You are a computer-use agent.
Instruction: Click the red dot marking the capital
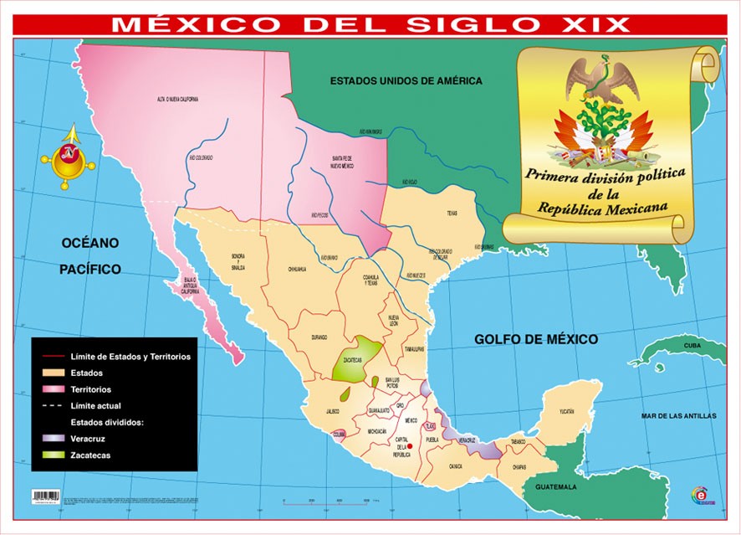click(x=410, y=446)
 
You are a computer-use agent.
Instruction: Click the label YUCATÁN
click(x=567, y=412)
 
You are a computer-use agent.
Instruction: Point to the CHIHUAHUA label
click(x=298, y=270)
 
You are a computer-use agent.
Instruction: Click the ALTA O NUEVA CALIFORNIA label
click(x=178, y=99)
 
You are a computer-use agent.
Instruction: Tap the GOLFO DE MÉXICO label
click(x=536, y=339)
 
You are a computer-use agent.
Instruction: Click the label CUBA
click(x=692, y=345)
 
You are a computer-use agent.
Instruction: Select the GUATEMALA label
click(x=556, y=486)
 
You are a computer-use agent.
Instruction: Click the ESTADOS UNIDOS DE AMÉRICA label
click(x=406, y=81)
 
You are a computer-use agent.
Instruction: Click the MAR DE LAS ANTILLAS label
click(x=678, y=415)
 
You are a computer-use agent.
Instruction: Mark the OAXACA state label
click(x=455, y=467)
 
